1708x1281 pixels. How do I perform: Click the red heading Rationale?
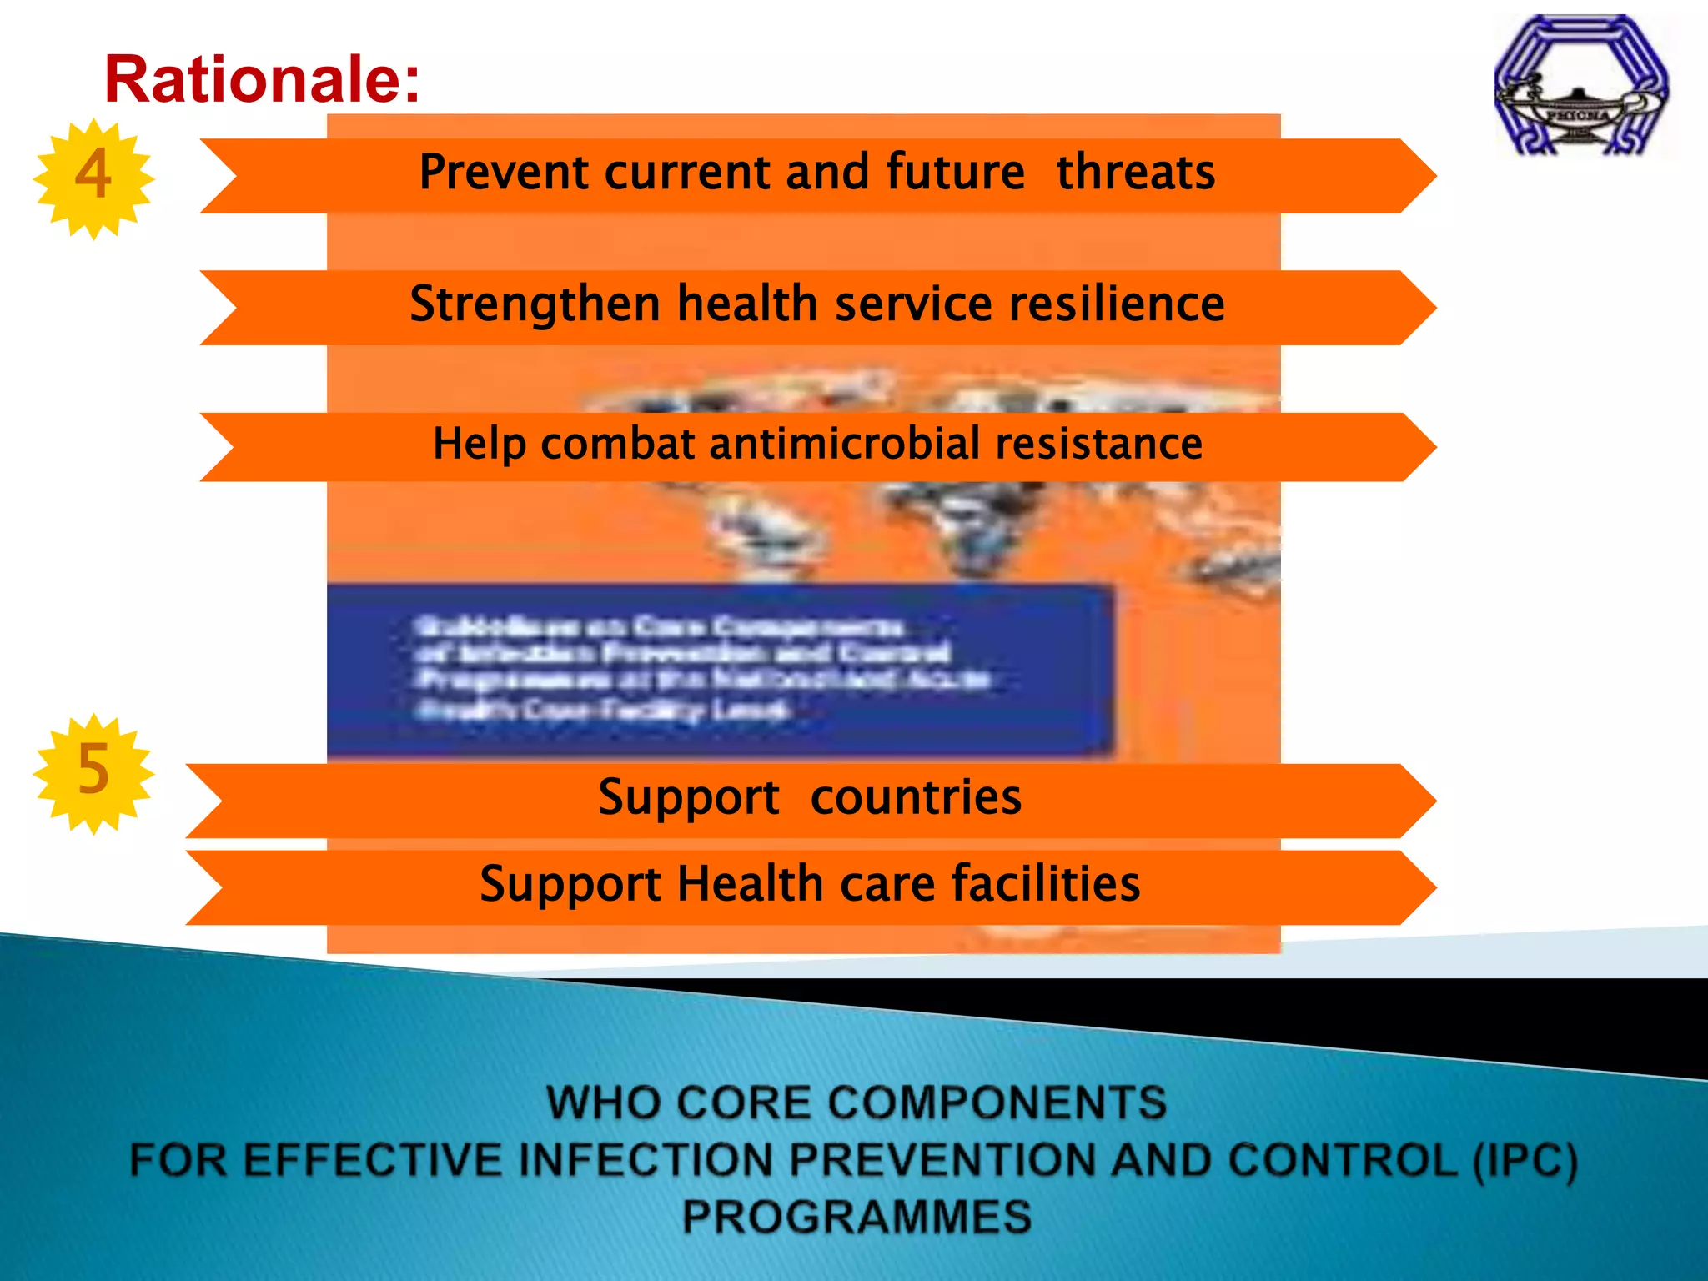point(262,79)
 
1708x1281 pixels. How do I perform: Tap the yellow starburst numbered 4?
point(93,178)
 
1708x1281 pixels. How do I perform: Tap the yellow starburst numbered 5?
point(93,772)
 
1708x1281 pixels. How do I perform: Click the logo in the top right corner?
point(1581,85)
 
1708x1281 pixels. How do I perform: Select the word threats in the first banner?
point(1135,173)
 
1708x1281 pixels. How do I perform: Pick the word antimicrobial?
point(844,444)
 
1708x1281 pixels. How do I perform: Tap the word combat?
point(617,444)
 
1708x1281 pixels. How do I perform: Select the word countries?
point(915,797)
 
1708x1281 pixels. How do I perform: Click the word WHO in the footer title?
point(600,1103)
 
